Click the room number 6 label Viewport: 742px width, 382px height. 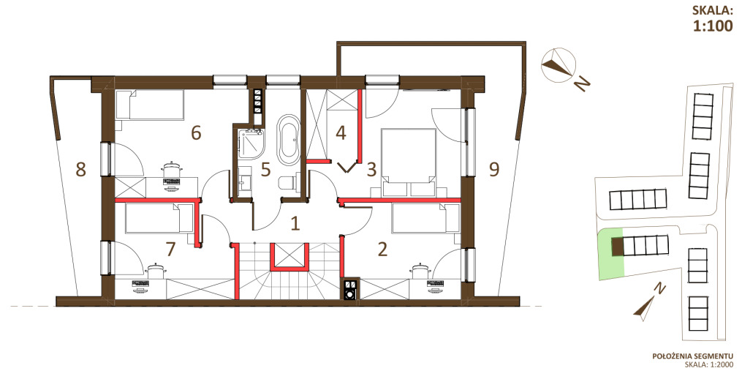196,133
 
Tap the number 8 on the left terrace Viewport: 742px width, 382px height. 81,169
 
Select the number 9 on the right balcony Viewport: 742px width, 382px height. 494,169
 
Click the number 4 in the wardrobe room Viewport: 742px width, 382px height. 341,132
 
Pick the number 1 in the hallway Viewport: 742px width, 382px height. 295,223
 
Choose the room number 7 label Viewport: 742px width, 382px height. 170,248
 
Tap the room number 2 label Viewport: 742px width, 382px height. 382,248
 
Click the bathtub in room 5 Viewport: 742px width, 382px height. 288,139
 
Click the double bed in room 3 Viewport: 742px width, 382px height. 409,162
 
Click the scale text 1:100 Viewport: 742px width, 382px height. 712,26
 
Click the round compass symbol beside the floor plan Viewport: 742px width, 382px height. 559,65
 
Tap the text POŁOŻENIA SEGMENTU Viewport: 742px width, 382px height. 692,356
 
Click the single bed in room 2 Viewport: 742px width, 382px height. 426,219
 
